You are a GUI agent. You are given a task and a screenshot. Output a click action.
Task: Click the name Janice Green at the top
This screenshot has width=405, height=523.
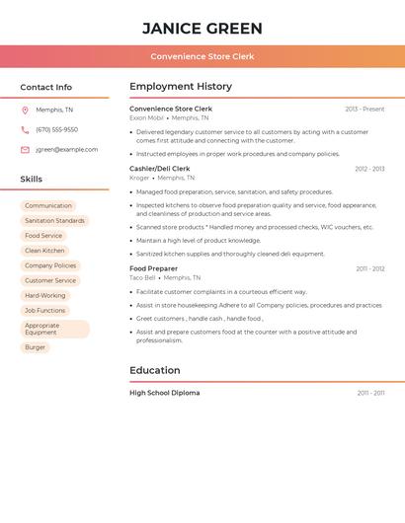[x=202, y=29]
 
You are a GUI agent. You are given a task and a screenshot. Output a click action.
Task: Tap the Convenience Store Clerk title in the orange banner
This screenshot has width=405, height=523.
[x=202, y=56]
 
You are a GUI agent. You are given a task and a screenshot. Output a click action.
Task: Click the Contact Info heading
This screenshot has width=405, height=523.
[x=45, y=87]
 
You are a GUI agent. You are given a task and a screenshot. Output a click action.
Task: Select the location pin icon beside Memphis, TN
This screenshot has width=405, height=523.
[x=25, y=110]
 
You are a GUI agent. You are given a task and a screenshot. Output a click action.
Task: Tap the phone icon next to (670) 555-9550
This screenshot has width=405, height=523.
[x=25, y=129]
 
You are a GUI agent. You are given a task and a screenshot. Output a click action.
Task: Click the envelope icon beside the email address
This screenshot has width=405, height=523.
[x=25, y=150]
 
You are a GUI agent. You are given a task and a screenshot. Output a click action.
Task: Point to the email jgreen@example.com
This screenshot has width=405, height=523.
[x=66, y=150]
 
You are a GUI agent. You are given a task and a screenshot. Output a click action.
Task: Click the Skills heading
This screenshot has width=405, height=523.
[x=31, y=180]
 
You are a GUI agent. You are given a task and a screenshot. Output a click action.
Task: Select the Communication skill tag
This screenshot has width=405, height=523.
[x=48, y=206]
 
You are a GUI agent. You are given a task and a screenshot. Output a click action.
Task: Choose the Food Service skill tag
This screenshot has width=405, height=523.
[x=43, y=236]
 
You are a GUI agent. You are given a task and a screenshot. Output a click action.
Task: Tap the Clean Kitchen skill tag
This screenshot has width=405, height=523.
[x=44, y=251]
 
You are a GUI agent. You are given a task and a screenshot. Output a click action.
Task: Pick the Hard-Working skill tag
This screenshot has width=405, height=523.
[x=45, y=295]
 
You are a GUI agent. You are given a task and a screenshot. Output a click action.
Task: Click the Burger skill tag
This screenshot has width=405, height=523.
[x=36, y=347]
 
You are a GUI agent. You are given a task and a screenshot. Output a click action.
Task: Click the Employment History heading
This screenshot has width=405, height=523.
[x=181, y=87]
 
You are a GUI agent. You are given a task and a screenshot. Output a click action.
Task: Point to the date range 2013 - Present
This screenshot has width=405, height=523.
[x=364, y=109]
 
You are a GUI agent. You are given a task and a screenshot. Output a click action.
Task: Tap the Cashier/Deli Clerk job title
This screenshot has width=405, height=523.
[x=159, y=169]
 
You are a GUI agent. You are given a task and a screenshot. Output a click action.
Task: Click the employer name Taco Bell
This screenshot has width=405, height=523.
[x=142, y=277]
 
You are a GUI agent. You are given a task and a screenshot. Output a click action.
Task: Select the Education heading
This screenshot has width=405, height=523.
[x=155, y=371]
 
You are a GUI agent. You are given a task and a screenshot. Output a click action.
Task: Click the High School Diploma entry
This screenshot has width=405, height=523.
[x=164, y=393]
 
